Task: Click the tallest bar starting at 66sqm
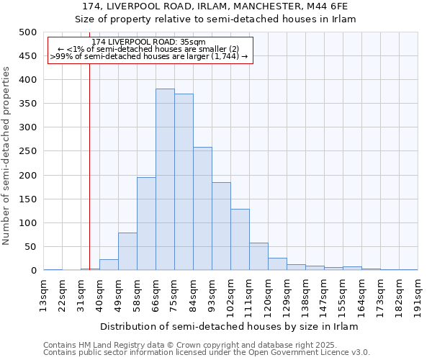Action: tap(165, 180)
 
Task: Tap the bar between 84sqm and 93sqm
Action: tap(202, 209)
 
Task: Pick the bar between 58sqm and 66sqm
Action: tap(146, 224)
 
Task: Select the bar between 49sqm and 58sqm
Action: tap(127, 251)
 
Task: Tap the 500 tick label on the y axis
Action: tap(27, 32)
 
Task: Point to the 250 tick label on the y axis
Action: tap(27, 151)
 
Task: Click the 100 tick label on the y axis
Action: tap(27, 223)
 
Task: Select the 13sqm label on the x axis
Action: tap(44, 295)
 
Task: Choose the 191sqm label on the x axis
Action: tap(418, 295)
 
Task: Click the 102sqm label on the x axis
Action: tap(231, 295)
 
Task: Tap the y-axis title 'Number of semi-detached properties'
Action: tap(7, 156)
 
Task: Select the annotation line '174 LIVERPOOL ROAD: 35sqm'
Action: tap(149, 42)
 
